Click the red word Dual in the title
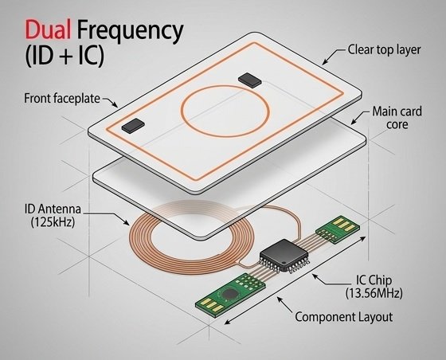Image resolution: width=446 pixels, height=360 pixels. click(48, 29)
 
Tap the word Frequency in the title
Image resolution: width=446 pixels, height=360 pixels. click(130, 32)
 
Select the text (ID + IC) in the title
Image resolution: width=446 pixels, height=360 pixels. click(65, 57)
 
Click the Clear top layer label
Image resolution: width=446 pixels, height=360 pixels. click(384, 50)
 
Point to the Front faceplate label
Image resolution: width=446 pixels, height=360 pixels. click(62, 99)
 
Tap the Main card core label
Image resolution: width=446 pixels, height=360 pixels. click(397, 118)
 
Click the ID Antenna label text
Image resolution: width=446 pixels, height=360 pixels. click(53, 209)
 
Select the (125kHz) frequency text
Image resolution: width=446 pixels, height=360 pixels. click(53, 222)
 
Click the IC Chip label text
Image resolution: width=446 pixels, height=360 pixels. click(374, 280)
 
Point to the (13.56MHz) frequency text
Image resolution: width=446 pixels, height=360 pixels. click(374, 293)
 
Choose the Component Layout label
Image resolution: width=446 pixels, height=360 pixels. click(343, 317)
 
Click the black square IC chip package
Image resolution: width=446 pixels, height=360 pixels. click(284, 255)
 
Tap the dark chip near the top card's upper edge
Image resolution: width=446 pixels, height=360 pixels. click(250, 80)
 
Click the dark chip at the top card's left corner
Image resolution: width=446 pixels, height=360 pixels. click(133, 126)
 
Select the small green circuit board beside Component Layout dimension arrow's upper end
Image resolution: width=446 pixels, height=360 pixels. click(338, 229)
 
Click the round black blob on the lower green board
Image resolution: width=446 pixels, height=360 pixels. click(229, 293)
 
